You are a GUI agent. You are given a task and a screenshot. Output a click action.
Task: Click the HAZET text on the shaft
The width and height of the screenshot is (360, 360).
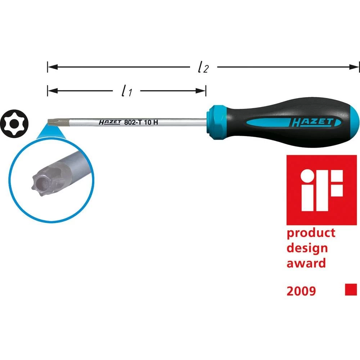coord(109,122)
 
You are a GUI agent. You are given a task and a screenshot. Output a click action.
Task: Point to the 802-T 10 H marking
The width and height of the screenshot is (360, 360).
coord(141,122)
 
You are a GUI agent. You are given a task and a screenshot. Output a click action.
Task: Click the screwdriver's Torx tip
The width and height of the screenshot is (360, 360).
coord(53,121)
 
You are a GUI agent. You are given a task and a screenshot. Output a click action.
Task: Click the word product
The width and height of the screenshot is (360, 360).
coord(311,233)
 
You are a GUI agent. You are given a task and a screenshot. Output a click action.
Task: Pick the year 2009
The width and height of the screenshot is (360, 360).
coord(301,291)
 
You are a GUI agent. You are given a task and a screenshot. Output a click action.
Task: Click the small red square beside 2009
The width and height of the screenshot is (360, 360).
coord(351,289)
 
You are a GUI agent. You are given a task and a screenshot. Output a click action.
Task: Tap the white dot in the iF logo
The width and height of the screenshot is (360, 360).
coord(307,176)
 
